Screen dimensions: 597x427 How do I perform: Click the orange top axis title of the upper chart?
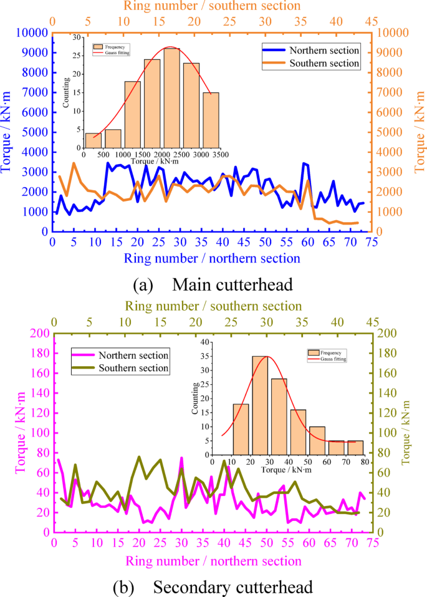point(212,6)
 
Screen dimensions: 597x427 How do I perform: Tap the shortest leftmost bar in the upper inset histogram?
point(93,140)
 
